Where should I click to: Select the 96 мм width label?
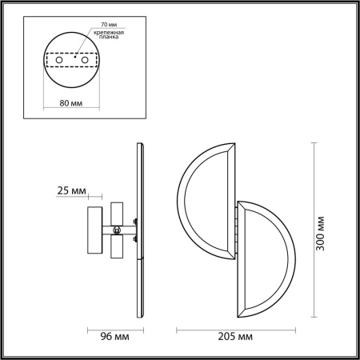pos(112,337)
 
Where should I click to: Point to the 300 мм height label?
pos(321,233)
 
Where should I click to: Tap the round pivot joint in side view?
pos(118,230)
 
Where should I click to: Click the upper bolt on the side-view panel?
pos(137,222)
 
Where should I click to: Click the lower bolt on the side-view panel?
pos(137,238)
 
